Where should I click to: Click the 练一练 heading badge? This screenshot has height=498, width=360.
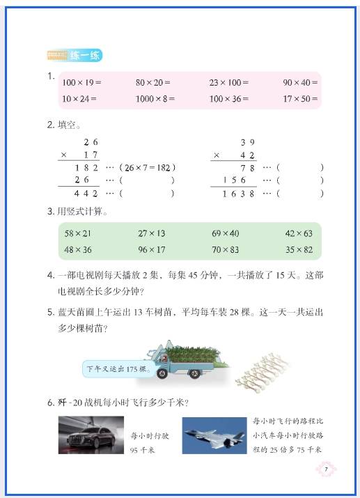click(x=75, y=55)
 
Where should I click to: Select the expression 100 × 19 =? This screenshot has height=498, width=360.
click(x=79, y=82)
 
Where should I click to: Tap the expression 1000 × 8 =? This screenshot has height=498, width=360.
click(x=155, y=98)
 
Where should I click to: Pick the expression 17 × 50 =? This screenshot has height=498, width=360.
click(x=300, y=98)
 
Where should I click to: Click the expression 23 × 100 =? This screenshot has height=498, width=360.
click(x=229, y=82)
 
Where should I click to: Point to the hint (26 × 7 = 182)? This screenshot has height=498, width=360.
click(x=147, y=168)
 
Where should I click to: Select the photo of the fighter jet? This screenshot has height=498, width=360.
click(x=215, y=436)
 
